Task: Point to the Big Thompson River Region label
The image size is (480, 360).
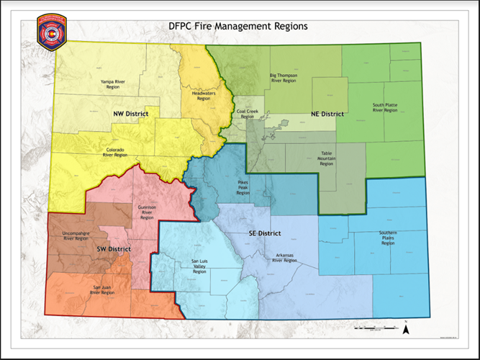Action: click(283, 78)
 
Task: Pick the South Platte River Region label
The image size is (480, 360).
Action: click(385, 108)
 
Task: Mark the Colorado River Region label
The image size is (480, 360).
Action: click(115, 152)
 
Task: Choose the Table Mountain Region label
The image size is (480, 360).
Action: click(327, 158)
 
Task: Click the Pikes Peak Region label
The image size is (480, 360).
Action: click(243, 187)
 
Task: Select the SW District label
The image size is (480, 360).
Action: click(114, 249)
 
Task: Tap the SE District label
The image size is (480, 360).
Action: click(264, 233)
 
